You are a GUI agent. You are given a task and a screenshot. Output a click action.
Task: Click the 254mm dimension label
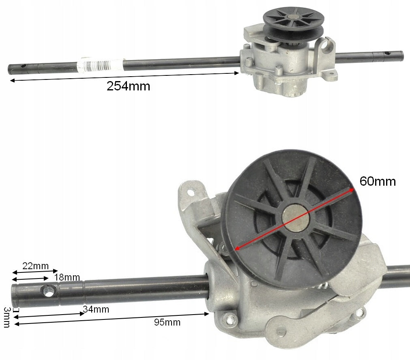(129, 86)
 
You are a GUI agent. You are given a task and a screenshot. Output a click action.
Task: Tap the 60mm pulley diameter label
(378, 181)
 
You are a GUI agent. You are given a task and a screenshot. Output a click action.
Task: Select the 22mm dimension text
(36, 266)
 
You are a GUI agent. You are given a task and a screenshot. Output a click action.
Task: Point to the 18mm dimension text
(67, 277)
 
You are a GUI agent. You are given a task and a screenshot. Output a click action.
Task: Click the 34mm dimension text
(96, 309)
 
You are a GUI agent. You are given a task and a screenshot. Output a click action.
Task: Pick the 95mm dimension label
(167, 322)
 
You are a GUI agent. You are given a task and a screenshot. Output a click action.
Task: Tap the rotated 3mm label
(7, 317)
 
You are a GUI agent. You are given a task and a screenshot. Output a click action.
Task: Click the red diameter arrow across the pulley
(294, 219)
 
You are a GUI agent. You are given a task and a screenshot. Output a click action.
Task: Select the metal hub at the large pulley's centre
(296, 218)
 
